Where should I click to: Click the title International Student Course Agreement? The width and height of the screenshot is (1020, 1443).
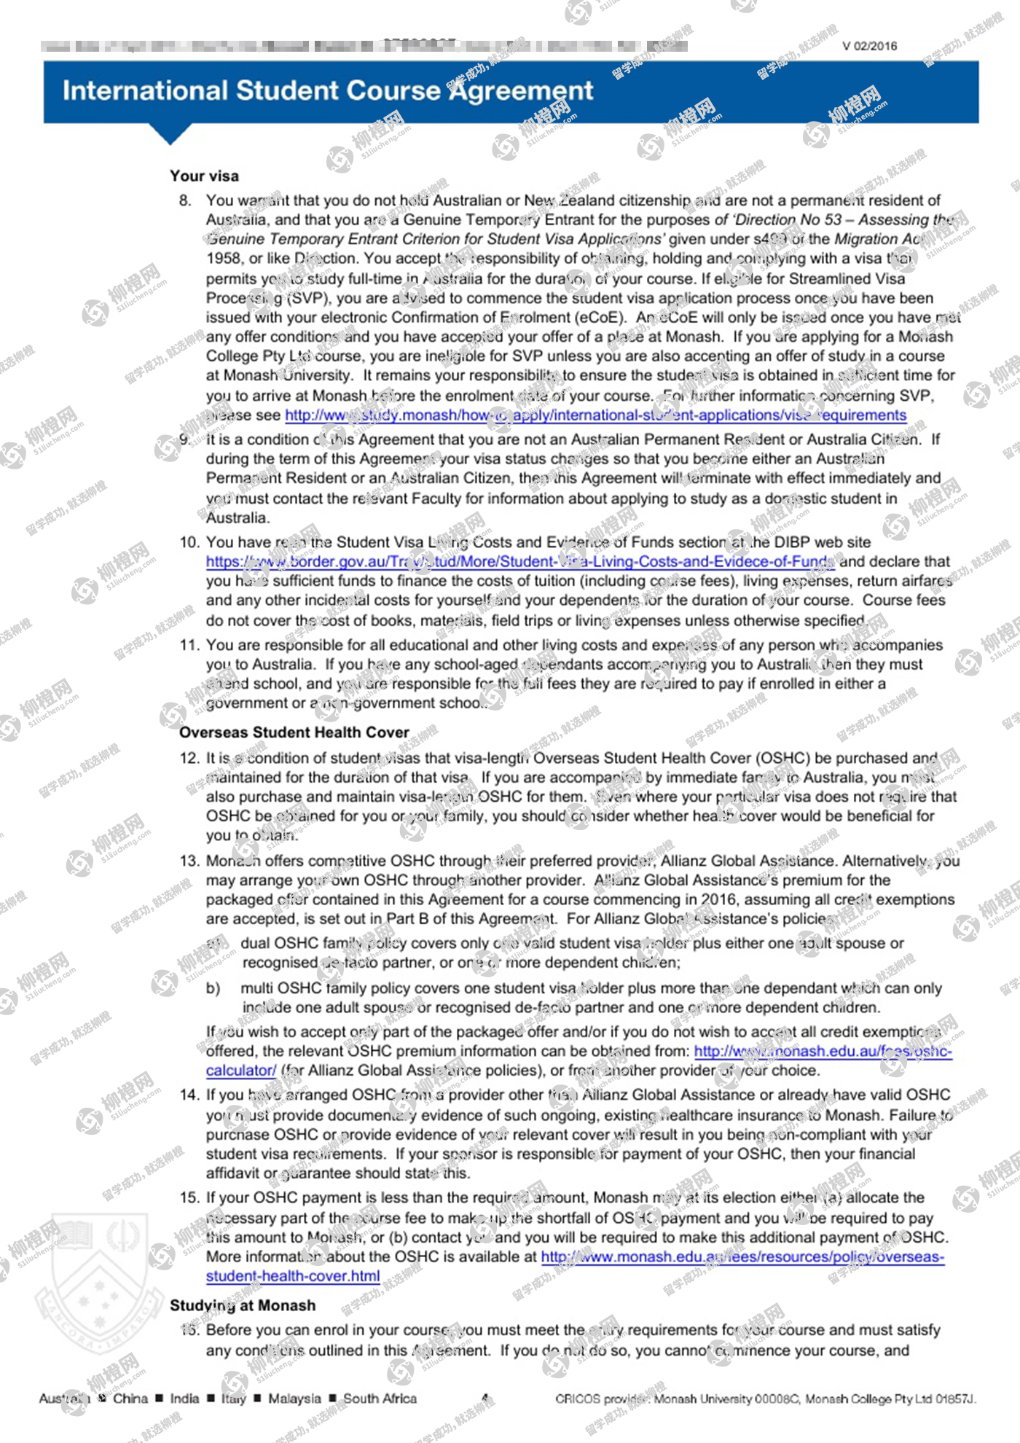point(327,90)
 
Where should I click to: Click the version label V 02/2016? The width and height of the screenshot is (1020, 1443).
point(869,46)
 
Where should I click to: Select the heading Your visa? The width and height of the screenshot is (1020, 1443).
point(204,176)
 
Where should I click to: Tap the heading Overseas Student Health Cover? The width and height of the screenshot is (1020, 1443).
point(294,732)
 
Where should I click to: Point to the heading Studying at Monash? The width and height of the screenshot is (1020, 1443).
point(243,1305)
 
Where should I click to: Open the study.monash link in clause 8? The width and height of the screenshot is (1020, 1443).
point(595,415)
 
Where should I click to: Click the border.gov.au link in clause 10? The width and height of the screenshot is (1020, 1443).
point(519,562)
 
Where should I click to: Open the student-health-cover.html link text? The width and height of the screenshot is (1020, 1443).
point(293,1276)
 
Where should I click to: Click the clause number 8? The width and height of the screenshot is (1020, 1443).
point(186,200)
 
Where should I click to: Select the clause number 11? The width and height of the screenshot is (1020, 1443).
point(189,645)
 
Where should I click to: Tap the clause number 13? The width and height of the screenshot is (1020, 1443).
point(189,861)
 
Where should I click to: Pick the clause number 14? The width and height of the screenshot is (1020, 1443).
point(189,1095)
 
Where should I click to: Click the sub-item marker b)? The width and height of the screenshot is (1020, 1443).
point(213,988)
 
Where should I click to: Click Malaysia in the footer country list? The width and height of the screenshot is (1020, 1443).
point(294,1398)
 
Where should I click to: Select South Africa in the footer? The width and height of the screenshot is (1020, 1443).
point(380,1398)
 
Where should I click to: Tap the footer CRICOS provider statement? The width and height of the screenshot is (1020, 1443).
point(765,1399)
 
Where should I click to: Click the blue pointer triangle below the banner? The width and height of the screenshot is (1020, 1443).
point(170,133)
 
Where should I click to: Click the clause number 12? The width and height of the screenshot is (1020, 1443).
point(189,758)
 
